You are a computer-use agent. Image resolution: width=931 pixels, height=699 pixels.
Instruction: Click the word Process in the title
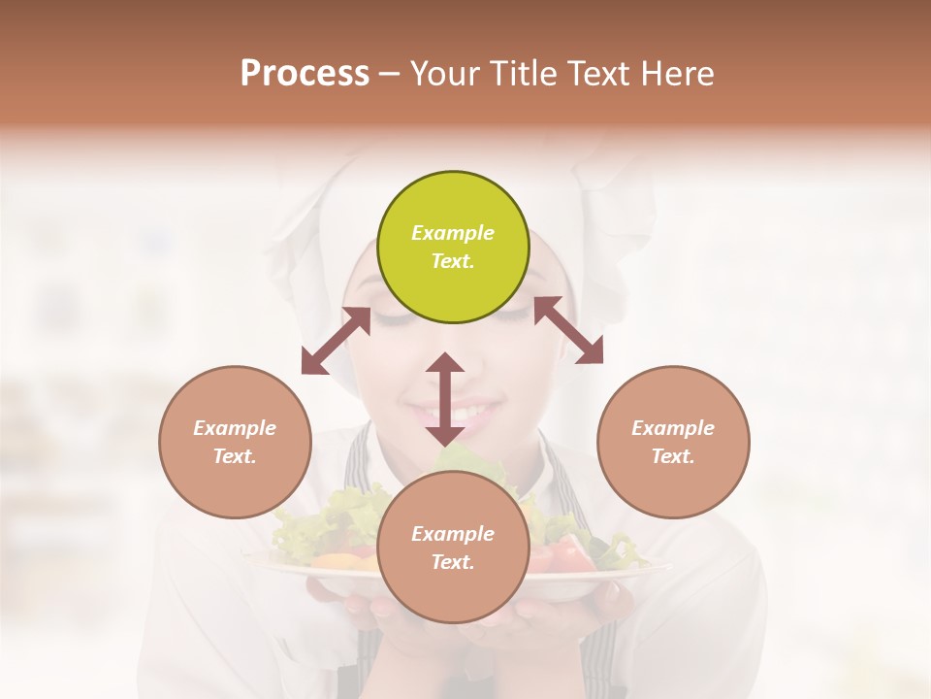[x=305, y=74]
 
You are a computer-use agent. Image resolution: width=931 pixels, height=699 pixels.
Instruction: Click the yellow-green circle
[x=453, y=248]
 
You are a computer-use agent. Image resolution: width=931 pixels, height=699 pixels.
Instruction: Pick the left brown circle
[x=235, y=442]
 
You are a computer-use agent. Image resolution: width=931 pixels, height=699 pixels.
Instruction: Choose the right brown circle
[x=673, y=442]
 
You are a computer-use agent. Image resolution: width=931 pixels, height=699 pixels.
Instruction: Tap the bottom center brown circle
[x=453, y=548]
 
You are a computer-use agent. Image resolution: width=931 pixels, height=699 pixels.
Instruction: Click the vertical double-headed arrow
[x=445, y=399]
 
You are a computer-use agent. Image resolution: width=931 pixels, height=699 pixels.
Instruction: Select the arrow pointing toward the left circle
[x=336, y=341]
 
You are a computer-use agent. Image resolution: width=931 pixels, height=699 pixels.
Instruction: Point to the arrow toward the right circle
[x=568, y=330]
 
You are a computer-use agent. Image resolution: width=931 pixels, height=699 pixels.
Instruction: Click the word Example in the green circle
[x=453, y=233]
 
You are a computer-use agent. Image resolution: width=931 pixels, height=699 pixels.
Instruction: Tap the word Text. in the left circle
[x=235, y=456]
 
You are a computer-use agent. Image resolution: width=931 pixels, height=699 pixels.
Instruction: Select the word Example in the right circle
[x=673, y=428]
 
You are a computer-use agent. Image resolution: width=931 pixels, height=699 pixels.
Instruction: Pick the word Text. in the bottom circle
[x=453, y=562]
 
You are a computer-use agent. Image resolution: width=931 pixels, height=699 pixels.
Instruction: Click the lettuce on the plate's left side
[x=320, y=519]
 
